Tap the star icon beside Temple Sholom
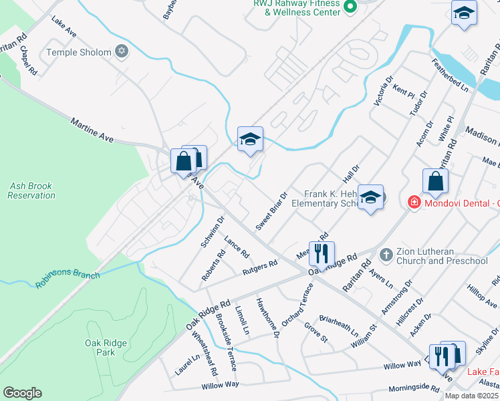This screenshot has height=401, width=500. [121, 51]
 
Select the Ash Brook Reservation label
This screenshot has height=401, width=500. [31, 190]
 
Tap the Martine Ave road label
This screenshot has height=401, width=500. [94, 130]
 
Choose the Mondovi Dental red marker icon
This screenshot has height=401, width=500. [414, 201]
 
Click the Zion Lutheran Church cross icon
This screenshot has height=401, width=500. [385, 255]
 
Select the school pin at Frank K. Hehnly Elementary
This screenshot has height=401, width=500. [370, 197]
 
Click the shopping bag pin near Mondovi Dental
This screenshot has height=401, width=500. [435, 180]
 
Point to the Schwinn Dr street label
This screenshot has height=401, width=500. [213, 232]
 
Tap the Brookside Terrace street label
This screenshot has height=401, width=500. [225, 342]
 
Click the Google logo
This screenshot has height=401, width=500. [22, 393]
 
